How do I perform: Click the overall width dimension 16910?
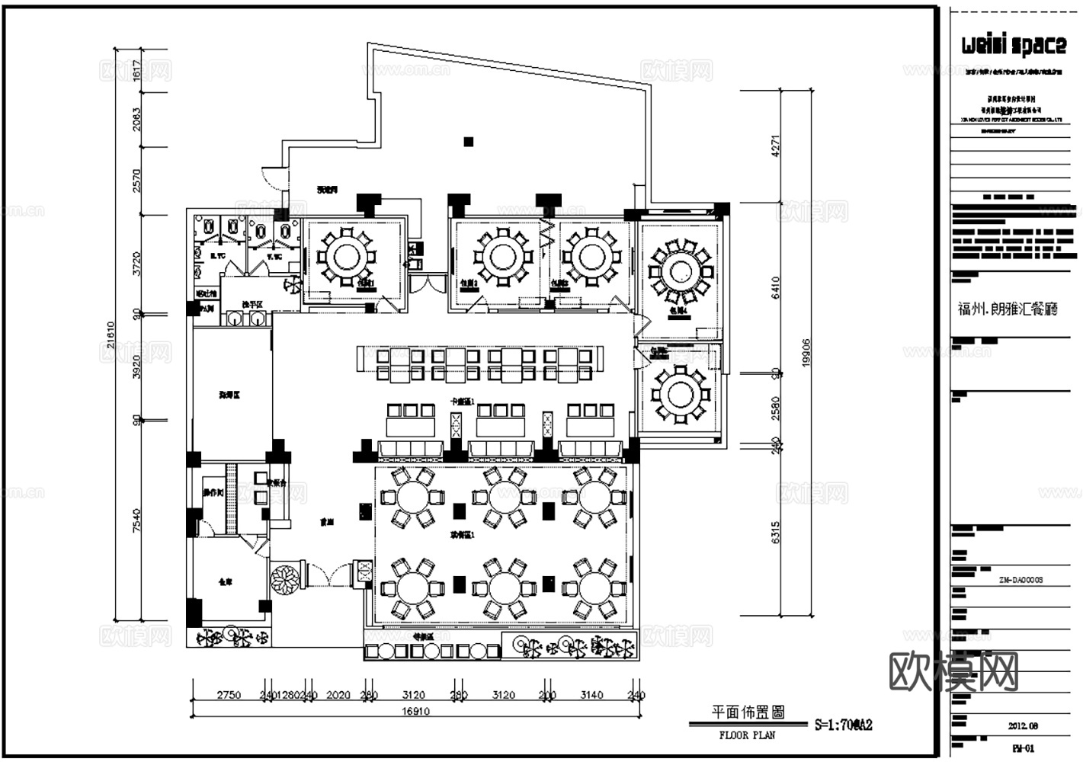[415, 711]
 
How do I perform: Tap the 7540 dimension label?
[136, 522]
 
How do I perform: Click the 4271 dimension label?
[776, 146]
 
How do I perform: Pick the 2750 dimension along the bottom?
[229, 694]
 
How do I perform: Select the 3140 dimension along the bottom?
[591, 694]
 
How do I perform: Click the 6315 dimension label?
[776, 532]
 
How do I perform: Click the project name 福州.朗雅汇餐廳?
[1008, 309]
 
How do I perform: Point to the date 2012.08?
[1022, 725]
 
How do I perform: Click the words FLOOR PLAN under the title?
[747, 735]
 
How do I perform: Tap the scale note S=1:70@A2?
[843, 725]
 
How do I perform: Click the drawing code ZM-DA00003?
[1021, 579]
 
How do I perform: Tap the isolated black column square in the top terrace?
[469, 142]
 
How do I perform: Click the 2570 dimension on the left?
[136, 181]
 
